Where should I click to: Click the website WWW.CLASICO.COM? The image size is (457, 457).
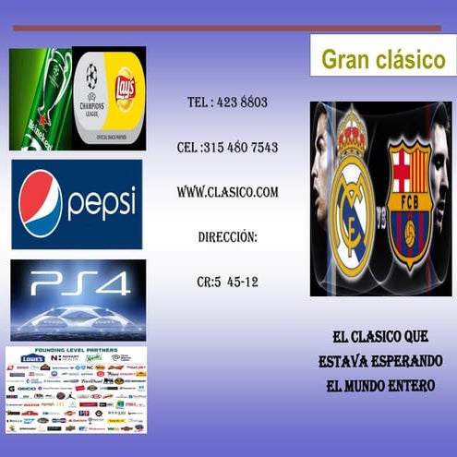[x=227, y=192]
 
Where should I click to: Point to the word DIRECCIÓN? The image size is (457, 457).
[x=227, y=237]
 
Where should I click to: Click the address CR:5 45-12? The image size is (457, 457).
[x=227, y=282]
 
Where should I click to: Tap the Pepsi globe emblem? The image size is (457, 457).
[x=40, y=204]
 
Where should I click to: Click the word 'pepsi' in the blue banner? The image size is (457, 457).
[x=101, y=203]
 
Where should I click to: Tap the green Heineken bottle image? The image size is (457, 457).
[x=40, y=99]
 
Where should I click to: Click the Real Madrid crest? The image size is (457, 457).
[x=350, y=198]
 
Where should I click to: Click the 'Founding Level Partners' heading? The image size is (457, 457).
[x=76, y=351]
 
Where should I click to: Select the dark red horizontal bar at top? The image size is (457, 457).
[x=214, y=29]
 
